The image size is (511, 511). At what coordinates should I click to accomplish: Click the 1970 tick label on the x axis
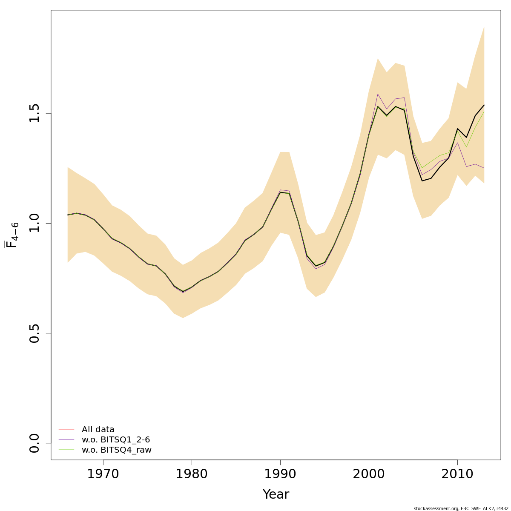click(x=103, y=474)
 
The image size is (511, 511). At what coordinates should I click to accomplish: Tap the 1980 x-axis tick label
click(x=192, y=474)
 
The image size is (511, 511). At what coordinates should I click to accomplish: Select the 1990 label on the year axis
click(x=280, y=474)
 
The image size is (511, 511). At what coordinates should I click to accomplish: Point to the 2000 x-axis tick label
click(x=369, y=474)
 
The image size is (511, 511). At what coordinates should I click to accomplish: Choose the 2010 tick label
click(x=457, y=474)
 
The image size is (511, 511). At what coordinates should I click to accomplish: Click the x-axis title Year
click(x=276, y=494)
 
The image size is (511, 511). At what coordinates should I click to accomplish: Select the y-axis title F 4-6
click(x=12, y=235)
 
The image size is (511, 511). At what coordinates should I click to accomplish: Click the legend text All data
click(x=98, y=430)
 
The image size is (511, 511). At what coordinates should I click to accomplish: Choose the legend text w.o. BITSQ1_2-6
click(x=116, y=439)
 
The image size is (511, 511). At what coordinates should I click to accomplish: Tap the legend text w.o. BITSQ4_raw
click(x=117, y=450)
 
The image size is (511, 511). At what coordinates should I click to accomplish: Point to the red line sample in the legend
click(x=66, y=429)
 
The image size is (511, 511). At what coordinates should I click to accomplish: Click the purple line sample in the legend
click(x=66, y=439)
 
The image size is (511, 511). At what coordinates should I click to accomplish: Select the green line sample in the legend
click(x=66, y=450)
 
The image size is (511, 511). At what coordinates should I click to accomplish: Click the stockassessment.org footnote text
click(x=461, y=508)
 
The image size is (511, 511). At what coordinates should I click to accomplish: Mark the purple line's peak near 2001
click(x=378, y=94)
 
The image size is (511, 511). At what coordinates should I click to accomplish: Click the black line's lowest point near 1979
click(x=183, y=292)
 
